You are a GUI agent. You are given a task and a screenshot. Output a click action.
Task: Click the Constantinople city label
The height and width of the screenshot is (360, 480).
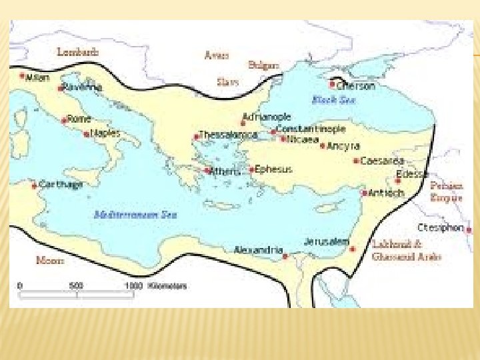click(x=311, y=128)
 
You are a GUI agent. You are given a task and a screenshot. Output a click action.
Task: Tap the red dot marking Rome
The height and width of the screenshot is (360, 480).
click(x=64, y=121)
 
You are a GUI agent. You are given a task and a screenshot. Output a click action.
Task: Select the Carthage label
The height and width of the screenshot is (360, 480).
click(x=61, y=184)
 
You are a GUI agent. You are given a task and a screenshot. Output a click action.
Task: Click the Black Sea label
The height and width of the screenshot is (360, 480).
click(x=334, y=100)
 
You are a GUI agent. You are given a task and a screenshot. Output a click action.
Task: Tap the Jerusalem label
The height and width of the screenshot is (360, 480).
click(x=327, y=241)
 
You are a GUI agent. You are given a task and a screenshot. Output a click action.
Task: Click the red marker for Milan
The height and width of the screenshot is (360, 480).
click(x=22, y=76)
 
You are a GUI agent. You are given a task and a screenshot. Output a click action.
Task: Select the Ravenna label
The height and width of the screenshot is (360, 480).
click(x=83, y=87)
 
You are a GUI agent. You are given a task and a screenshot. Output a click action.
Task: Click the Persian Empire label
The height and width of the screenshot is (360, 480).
click(x=446, y=192)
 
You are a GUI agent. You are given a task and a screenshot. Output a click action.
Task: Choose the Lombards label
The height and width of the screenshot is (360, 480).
click(x=78, y=51)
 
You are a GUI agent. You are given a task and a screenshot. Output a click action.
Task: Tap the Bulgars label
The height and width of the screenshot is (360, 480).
click(x=263, y=65)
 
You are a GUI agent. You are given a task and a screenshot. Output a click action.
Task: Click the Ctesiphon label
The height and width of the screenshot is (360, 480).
click(x=440, y=227)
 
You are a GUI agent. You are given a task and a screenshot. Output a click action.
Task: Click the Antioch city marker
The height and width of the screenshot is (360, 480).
click(x=364, y=193)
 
